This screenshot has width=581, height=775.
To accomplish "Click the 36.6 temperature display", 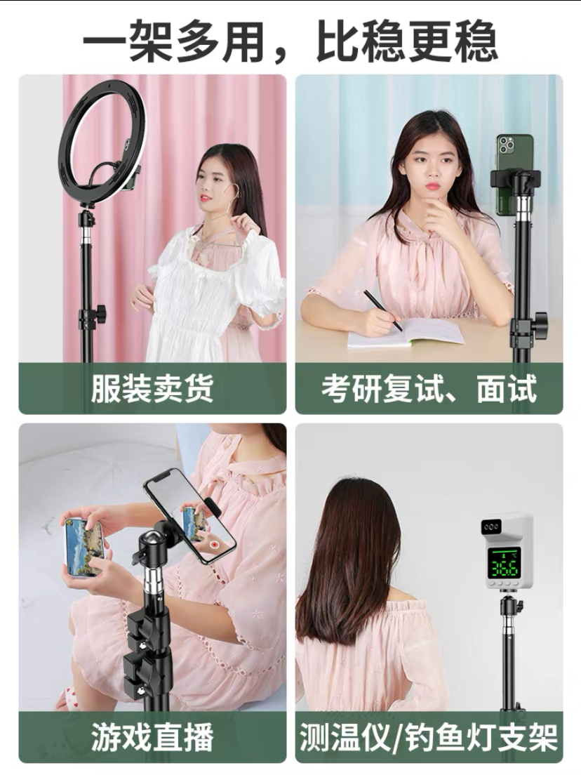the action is (503, 569).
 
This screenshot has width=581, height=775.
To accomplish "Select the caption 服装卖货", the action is (152, 388).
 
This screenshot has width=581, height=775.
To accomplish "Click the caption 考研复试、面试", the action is (429, 388).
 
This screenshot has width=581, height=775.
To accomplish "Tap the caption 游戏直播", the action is (152, 736).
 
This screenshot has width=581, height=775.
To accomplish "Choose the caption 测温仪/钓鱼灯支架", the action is (428, 737).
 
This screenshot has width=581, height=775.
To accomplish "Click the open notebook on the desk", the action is (405, 333).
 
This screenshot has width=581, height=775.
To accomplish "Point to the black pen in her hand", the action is (383, 310).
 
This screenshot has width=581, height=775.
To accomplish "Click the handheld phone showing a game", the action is (84, 547).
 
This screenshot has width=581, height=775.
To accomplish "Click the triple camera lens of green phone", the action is (506, 145).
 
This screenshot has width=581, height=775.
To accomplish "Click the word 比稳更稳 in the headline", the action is (406, 41).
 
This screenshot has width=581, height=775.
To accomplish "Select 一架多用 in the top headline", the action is (173, 41).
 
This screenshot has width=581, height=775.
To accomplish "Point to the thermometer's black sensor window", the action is (492, 527).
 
